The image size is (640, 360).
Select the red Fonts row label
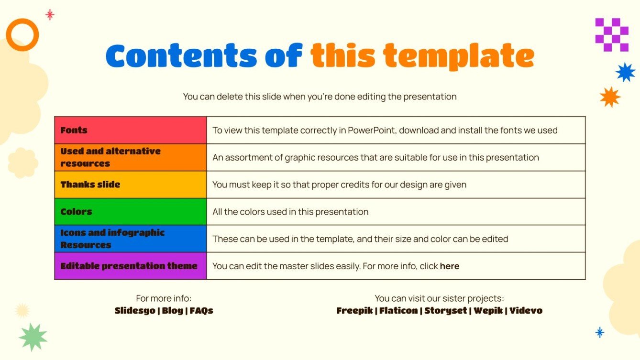pyautogui.click(x=74, y=130)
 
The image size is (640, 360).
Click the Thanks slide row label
pyautogui.click(x=90, y=185)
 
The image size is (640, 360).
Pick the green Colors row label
pyautogui.click(x=77, y=211)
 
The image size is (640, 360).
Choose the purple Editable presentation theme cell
pyautogui.click(x=129, y=266)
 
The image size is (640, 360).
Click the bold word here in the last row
pyautogui.click(x=450, y=266)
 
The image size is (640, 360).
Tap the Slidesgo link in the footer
pyautogui.click(x=135, y=311)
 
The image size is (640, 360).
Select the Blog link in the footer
pyautogui.click(x=172, y=311)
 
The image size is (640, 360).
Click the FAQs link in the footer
pyautogui.click(x=201, y=311)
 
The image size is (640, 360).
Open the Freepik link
pyautogui.click(x=354, y=311)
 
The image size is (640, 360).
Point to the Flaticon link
pyautogui.click(x=398, y=311)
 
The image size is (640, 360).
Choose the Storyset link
pyautogui.click(x=445, y=311)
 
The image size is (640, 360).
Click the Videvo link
pyautogui.click(x=526, y=311)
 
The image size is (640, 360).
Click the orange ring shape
pyautogui.click(x=22, y=35)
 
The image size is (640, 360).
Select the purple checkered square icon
pyautogui.click(x=612, y=35)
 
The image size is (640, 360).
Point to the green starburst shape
pyautogui.click(x=33, y=337)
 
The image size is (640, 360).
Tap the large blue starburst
pyautogui.click(x=625, y=72)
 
